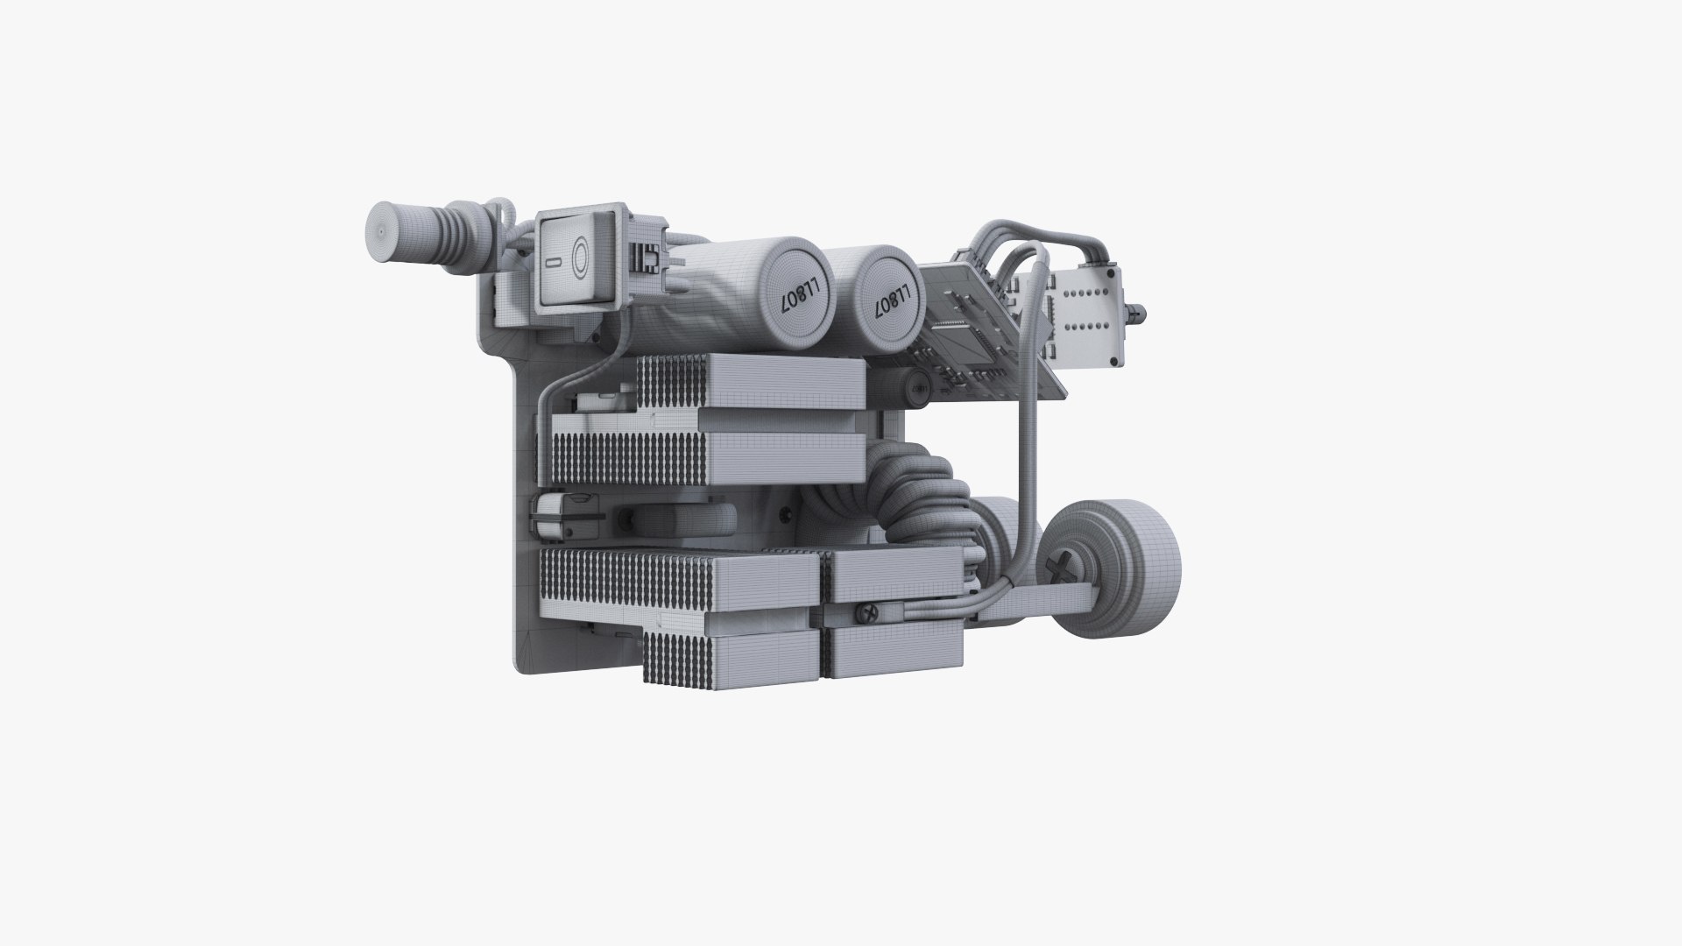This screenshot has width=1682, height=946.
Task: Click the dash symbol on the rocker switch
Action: pos(548,261)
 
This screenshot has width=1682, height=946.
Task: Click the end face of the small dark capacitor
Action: pos(918,386)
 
